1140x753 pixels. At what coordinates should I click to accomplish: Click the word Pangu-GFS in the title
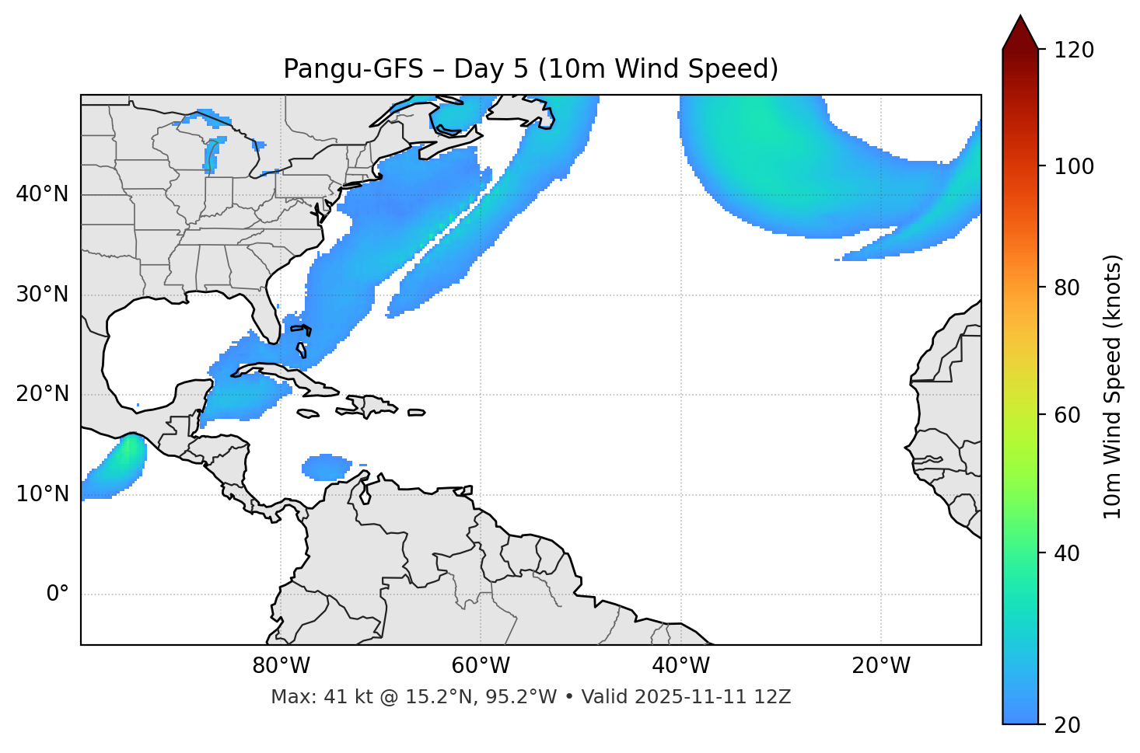(353, 69)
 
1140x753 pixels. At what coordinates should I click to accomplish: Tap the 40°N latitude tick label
(42, 194)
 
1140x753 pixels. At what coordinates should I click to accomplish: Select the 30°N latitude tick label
(42, 295)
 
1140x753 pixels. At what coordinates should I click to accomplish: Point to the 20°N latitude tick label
(42, 394)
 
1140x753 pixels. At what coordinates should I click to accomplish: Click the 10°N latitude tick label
(42, 494)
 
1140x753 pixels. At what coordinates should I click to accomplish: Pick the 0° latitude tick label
(58, 594)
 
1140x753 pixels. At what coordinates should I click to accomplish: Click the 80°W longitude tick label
(281, 666)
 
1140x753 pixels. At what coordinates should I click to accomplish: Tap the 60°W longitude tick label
(481, 666)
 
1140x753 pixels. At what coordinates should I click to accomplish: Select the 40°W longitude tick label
(680, 666)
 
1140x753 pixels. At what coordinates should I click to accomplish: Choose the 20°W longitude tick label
(880, 666)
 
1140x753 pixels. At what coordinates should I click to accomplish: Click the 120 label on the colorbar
(1075, 51)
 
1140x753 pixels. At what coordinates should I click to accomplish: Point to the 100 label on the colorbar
(1075, 166)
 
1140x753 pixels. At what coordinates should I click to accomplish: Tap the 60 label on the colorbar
(1069, 415)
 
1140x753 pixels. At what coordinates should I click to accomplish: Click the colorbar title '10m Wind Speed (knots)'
(1113, 387)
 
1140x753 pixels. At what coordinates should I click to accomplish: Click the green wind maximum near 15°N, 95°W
(127, 451)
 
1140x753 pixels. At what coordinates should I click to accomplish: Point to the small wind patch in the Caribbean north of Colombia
(327, 466)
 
